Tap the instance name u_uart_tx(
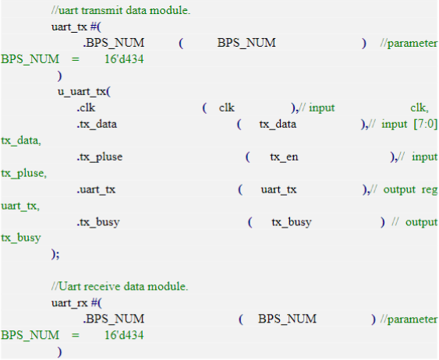click(84, 92)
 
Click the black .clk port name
click(87, 108)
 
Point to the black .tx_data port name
click(97, 124)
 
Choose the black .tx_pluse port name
click(100, 157)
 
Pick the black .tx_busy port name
click(98, 222)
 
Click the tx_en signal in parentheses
click(284, 157)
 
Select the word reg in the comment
click(430, 190)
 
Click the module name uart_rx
click(69, 303)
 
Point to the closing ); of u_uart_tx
click(55, 254)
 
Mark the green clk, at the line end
click(420, 108)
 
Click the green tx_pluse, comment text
click(24, 174)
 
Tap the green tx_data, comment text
click(21, 141)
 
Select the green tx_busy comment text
click(21, 238)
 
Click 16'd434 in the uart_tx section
click(124, 59)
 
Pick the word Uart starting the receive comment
click(70, 287)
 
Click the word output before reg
click(399, 190)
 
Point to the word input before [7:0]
click(395, 125)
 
